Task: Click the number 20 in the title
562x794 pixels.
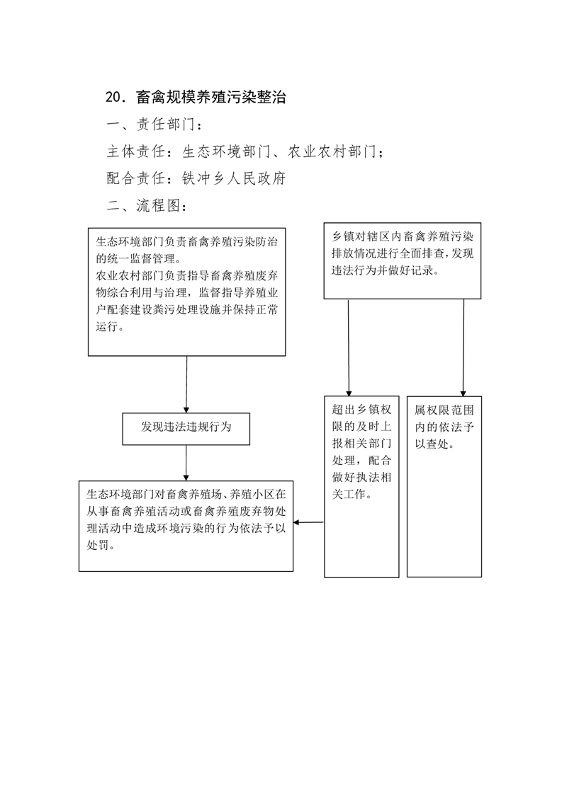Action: [113, 97]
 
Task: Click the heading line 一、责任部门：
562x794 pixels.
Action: [154, 125]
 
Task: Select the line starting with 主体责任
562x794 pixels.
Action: [245, 151]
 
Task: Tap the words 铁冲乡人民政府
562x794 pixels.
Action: [234, 178]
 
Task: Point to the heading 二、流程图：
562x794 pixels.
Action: [147, 206]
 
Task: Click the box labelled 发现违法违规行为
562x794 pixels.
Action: [186, 429]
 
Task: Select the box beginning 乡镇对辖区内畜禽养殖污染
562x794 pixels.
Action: [403, 261]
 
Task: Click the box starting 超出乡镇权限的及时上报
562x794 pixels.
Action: [361, 487]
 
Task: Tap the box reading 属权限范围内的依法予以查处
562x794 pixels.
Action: [444, 487]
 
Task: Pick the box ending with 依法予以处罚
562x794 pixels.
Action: [186, 526]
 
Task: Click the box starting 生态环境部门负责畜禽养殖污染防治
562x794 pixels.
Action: [186, 292]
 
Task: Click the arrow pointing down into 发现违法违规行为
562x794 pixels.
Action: [186, 384]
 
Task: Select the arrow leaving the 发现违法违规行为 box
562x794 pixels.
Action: [186, 463]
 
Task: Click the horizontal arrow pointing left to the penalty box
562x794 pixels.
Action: [308, 522]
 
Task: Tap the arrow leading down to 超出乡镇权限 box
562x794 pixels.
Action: [349, 347]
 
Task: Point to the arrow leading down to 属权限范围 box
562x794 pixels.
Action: [463, 347]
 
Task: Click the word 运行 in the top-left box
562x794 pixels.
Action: [106, 327]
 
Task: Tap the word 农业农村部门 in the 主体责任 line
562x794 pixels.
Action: [332, 151]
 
